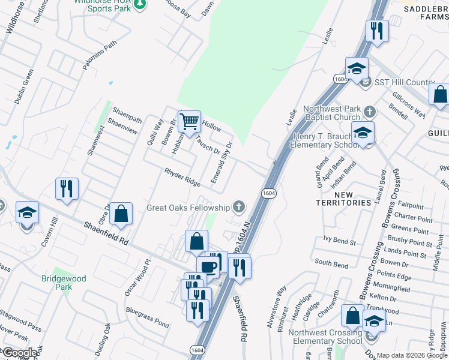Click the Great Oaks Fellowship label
[188, 208]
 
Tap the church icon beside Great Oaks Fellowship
[240, 208]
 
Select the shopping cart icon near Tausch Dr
[190, 121]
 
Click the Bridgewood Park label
[64, 283]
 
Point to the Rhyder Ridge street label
[182, 177]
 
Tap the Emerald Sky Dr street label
[221, 163]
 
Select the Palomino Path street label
[100, 56]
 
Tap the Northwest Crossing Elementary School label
[325, 337]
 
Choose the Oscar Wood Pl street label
[136, 278]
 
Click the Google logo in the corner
[20, 353]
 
